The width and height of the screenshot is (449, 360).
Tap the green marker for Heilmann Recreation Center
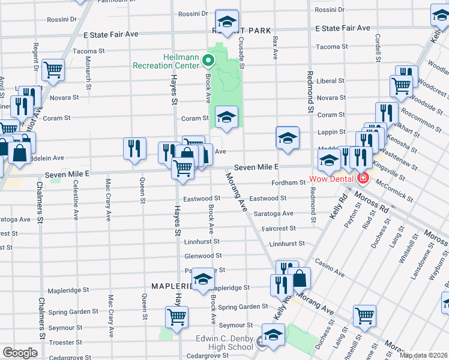[208, 61]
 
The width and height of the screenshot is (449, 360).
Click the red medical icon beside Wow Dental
[362, 178]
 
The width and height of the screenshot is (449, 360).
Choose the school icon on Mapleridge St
[203, 278]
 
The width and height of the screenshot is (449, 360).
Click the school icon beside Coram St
[226, 117]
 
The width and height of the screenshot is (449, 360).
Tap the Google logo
[20, 353]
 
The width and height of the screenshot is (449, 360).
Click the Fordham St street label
[289, 182]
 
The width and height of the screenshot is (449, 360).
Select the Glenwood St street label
[204, 256]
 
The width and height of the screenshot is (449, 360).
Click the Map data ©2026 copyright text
[423, 355]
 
